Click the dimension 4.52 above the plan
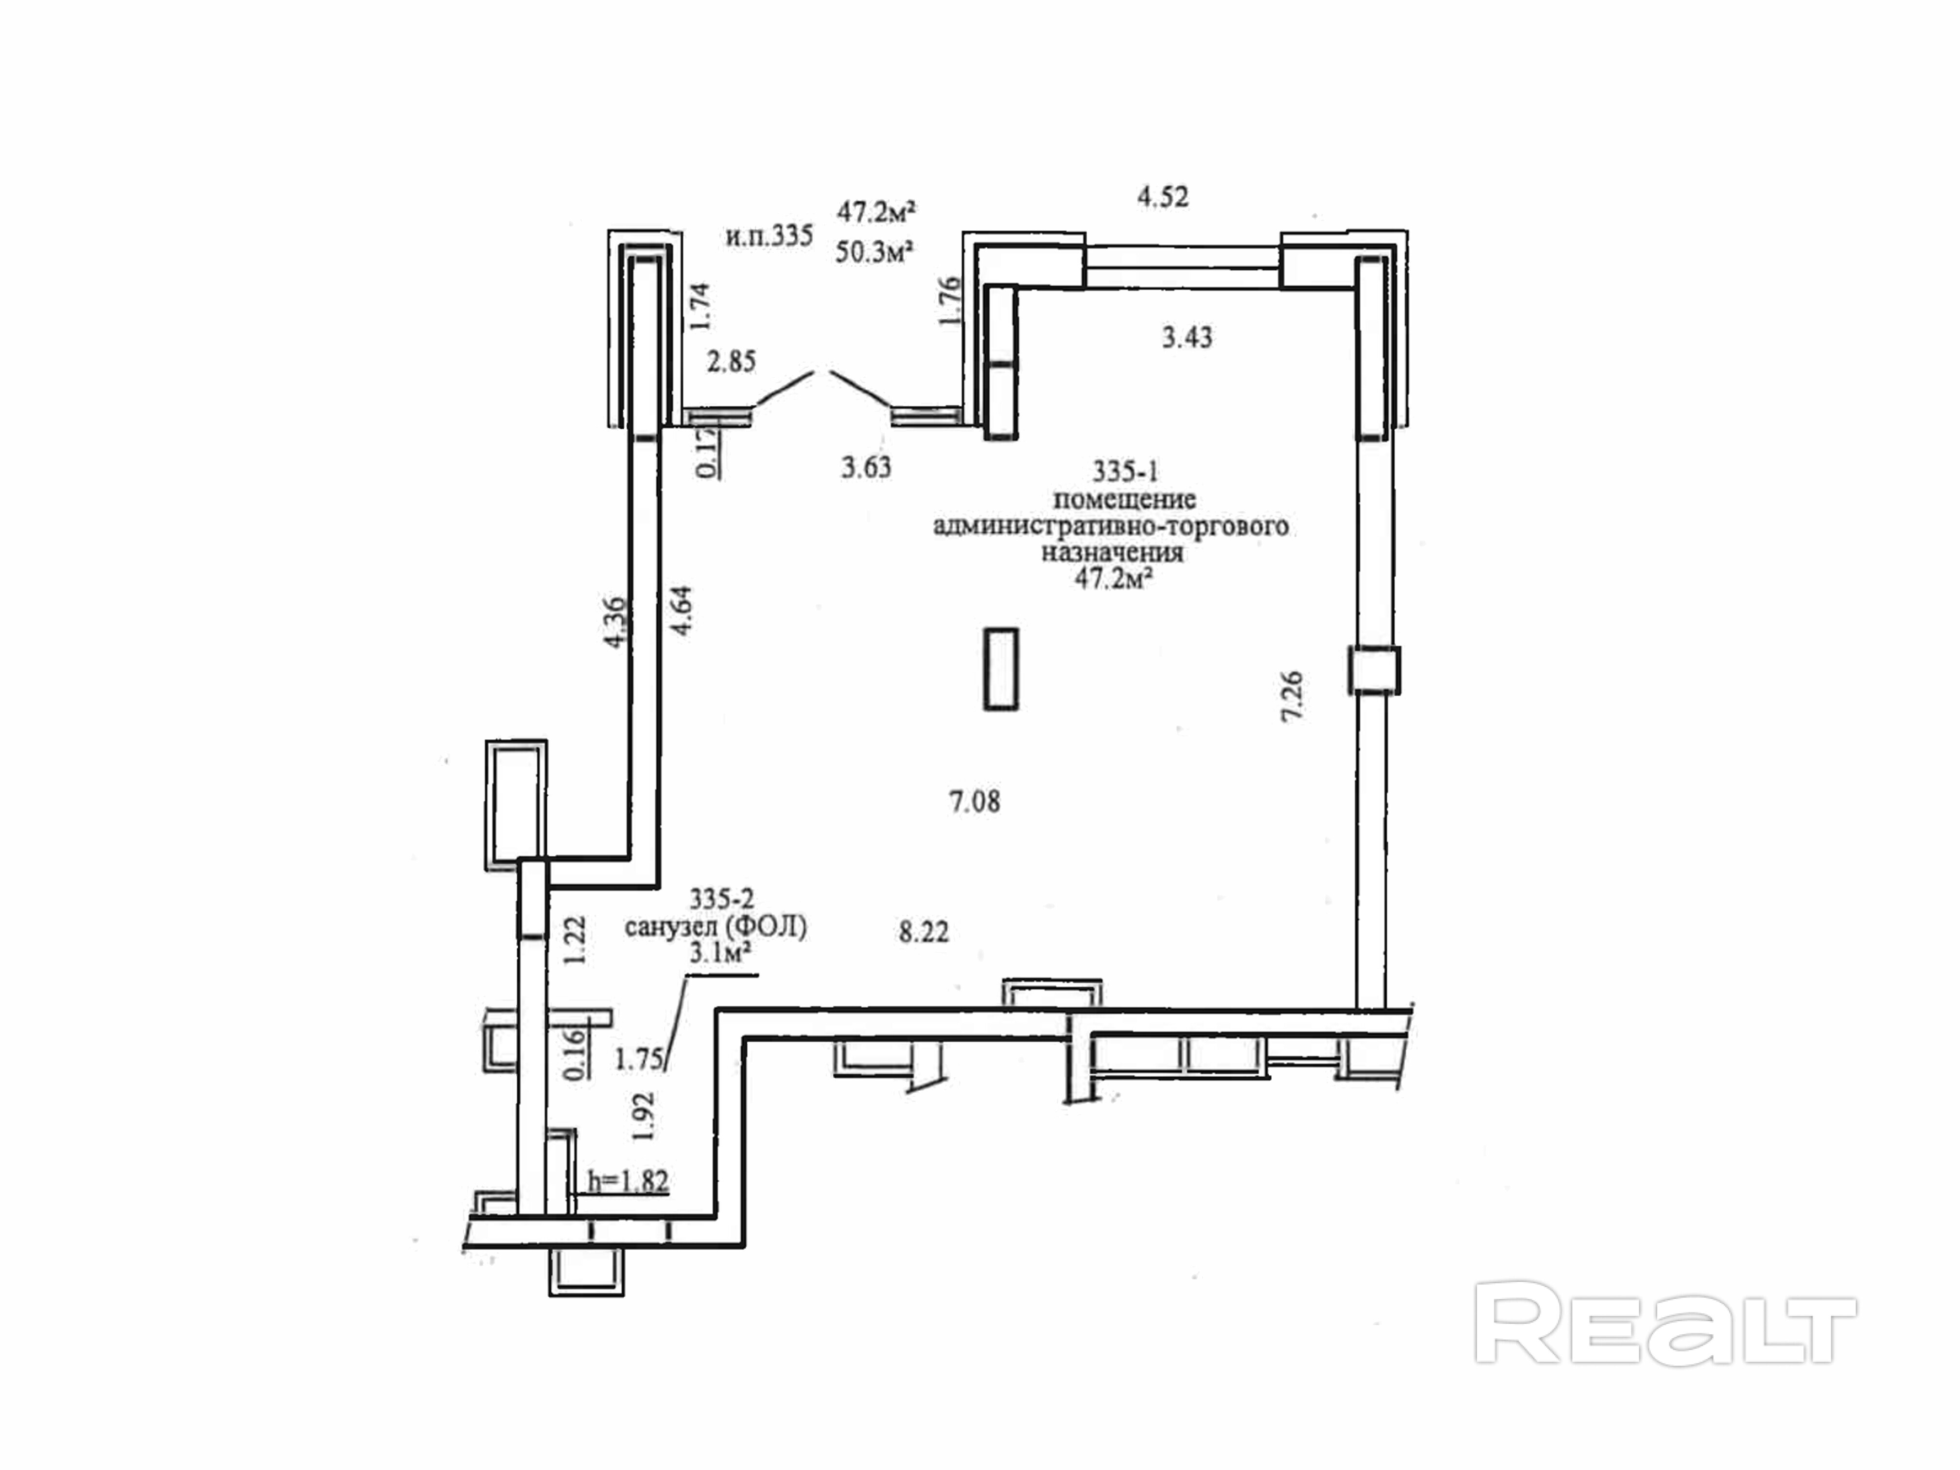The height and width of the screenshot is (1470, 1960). click(1162, 197)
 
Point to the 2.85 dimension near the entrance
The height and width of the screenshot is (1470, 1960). click(731, 362)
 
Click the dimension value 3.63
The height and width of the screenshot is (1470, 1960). click(866, 467)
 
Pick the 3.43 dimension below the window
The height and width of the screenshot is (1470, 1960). click(1187, 337)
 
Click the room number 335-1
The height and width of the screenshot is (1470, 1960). click(1124, 471)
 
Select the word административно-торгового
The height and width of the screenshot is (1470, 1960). click(1111, 526)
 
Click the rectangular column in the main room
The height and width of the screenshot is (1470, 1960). click(1001, 669)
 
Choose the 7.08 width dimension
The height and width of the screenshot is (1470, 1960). click(975, 802)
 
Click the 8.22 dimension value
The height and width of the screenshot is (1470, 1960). click(923, 932)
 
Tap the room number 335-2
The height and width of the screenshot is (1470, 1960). click(721, 899)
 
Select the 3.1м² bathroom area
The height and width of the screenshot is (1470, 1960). click(721, 953)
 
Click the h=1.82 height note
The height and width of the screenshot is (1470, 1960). click(628, 1181)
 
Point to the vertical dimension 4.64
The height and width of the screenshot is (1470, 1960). click(682, 612)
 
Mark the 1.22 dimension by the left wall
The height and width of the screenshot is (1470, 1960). click(576, 940)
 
